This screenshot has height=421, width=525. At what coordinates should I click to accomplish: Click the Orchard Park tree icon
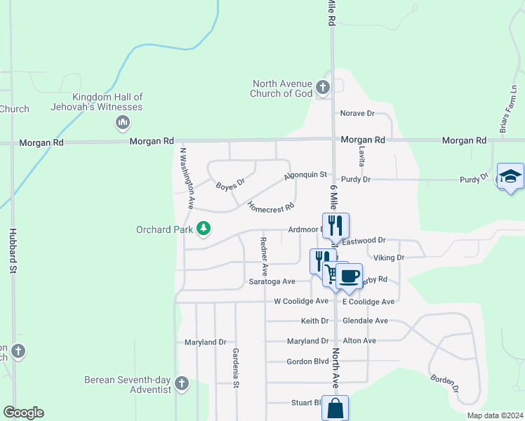[x=204, y=228]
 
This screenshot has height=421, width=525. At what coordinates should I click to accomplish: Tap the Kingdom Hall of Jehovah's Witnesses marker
[x=123, y=123]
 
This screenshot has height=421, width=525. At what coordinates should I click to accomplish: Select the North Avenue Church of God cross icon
[x=322, y=88]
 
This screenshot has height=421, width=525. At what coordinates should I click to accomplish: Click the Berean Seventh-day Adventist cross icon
[x=182, y=383]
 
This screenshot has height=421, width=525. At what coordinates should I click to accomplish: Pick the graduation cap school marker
[x=510, y=176]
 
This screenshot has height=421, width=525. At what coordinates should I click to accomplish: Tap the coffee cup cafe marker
[x=348, y=274]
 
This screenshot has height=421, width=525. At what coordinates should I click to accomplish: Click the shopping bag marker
[x=335, y=408]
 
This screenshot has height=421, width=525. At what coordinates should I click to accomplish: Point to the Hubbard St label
[x=13, y=250]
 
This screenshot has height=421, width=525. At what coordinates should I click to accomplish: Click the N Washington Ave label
[x=187, y=178]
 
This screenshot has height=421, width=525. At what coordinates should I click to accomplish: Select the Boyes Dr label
[x=230, y=185]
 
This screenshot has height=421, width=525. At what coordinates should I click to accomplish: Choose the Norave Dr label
[x=357, y=113]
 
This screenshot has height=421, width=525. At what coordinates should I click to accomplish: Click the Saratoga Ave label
[x=272, y=281]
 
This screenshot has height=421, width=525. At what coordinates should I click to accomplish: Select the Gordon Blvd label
[x=307, y=362]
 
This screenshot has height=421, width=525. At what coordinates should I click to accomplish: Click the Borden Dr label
[x=445, y=382]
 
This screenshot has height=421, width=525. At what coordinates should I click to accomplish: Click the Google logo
[x=23, y=413]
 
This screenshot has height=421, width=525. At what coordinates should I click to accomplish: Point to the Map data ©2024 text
[x=494, y=415]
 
